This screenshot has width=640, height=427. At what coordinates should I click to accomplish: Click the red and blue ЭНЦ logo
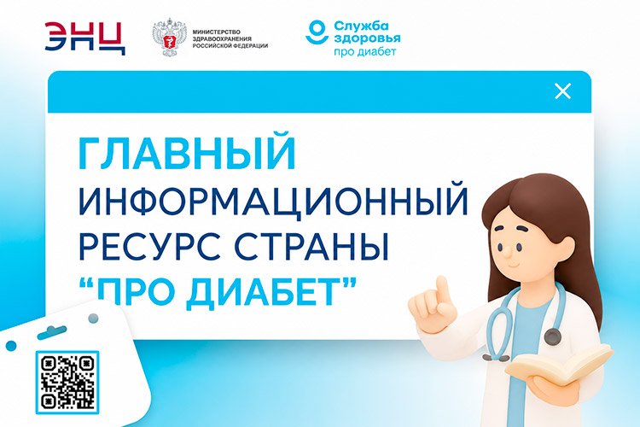click(84, 38)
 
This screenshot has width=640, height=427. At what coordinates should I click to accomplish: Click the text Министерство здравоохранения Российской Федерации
click(230, 38)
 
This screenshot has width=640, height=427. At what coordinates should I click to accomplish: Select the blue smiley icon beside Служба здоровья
click(317, 32)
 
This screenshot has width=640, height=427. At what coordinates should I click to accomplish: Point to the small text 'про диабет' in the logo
click(365, 52)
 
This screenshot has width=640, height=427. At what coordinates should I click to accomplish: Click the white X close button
click(562, 91)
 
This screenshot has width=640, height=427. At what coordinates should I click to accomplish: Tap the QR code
click(67, 382)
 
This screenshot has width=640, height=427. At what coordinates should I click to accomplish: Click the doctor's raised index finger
click(442, 292)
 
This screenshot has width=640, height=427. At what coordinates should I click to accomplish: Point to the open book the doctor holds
click(559, 365)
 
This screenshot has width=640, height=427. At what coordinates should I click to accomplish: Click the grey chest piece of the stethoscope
click(553, 337)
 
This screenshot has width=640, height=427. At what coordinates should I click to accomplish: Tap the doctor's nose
click(505, 253)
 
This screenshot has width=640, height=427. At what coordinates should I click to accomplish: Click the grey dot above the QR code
click(94, 318)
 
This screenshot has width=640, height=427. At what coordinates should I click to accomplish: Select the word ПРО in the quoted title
click(138, 293)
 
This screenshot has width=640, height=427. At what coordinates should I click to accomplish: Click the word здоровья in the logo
click(367, 39)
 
